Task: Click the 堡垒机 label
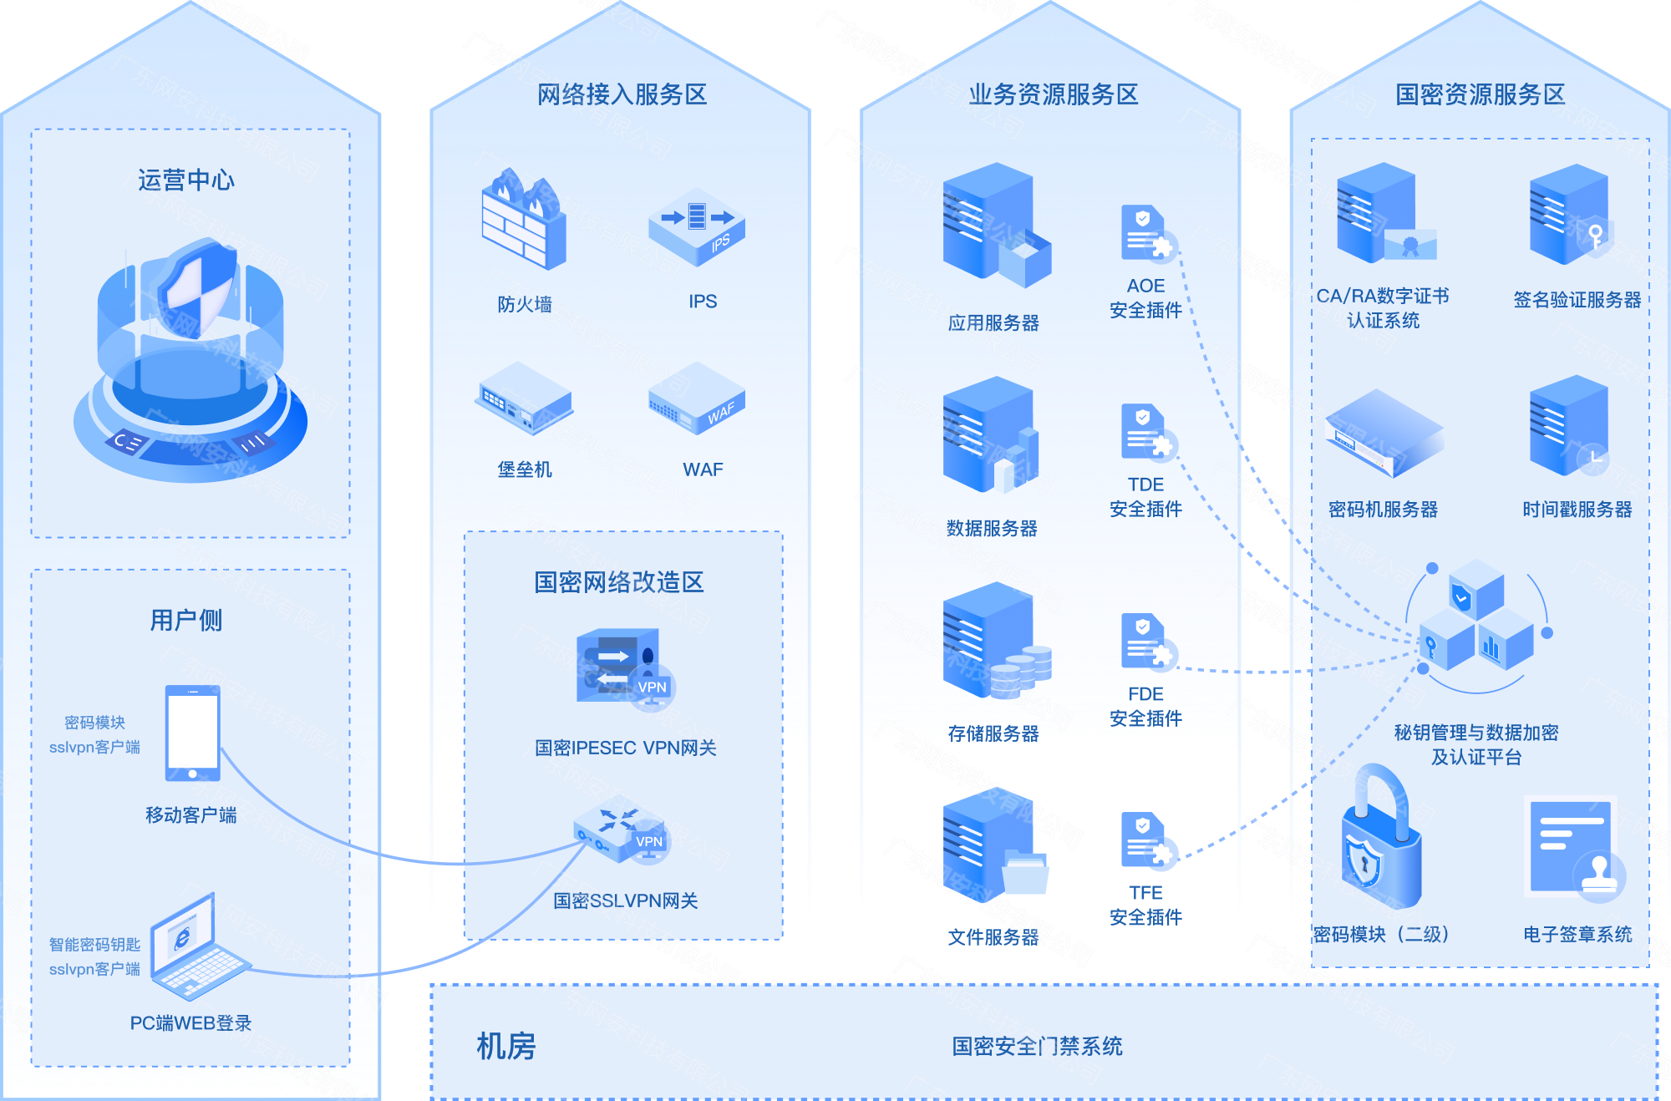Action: pyautogui.click(x=525, y=469)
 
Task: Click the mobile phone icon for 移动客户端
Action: pyautogui.click(x=193, y=733)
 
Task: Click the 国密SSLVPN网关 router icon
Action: pyautogui.click(x=621, y=832)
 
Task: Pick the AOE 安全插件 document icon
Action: pyautogui.click(x=1147, y=233)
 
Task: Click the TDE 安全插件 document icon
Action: pyautogui.click(x=1147, y=432)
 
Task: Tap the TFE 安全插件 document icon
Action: pyautogui.click(x=1147, y=840)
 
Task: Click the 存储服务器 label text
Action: pyautogui.click(x=993, y=733)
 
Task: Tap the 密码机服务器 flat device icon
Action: pyautogui.click(x=1383, y=433)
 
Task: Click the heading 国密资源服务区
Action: pyautogui.click(x=1480, y=94)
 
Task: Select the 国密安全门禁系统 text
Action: pyautogui.click(x=1037, y=1046)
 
